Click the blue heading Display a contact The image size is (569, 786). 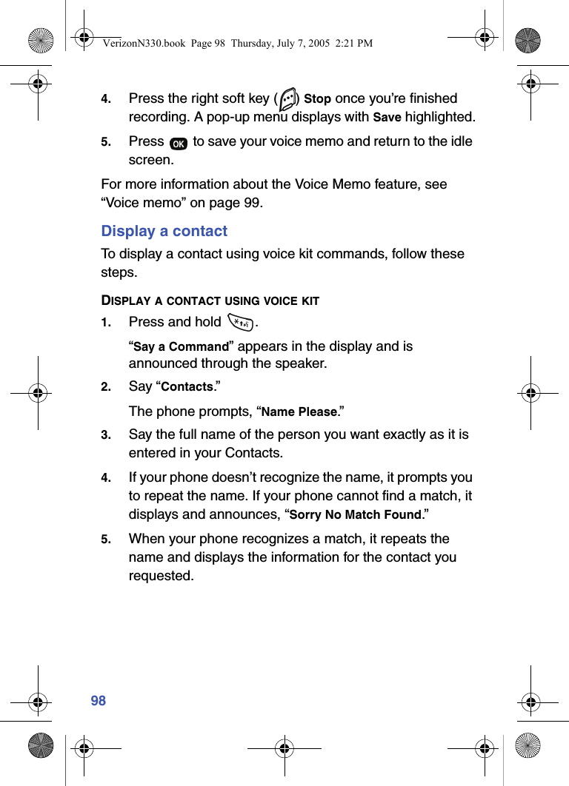point(164,231)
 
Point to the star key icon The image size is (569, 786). point(241,322)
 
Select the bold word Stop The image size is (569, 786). point(317,99)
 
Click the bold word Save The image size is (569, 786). point(386,118)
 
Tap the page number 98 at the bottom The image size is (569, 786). point(99,700)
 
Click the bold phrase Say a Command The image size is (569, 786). point(181,346)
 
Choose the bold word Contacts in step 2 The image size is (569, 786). point(187,387)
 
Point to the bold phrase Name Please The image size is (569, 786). point(299,412)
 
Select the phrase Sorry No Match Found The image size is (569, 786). point(355,515)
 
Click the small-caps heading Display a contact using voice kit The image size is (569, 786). point(210,300)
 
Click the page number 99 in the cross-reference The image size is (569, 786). point(252,203)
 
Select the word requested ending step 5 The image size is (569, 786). point(161,576)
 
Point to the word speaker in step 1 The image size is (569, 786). point(300,364)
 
